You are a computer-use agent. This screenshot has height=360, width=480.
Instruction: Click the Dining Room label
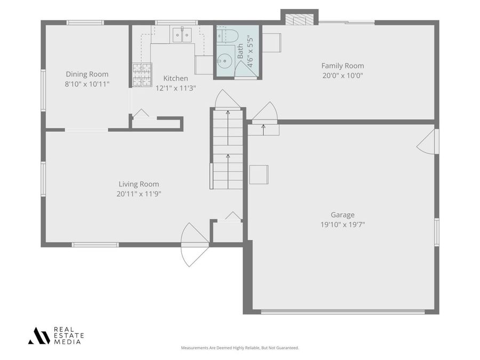87,74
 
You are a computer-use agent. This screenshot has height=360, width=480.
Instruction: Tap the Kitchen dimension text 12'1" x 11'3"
175,88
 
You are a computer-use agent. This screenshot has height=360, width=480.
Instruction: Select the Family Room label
342,66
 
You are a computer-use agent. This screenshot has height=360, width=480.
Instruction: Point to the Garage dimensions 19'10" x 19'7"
342,225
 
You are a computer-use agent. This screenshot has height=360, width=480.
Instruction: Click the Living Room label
139,184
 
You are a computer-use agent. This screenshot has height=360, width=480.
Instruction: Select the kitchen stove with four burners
142,75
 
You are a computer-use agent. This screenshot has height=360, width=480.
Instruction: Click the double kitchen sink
181,35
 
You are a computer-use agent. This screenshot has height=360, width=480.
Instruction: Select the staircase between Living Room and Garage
228,149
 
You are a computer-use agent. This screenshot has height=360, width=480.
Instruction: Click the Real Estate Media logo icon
39,335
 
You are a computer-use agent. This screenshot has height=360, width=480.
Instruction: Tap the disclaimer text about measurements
240,348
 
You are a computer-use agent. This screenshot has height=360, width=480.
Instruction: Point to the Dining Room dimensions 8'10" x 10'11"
87,84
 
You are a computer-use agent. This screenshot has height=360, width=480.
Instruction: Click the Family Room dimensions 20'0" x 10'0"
342,75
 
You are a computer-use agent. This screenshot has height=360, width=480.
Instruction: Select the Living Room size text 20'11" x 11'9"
139,194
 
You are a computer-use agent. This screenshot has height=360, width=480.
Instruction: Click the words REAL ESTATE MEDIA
69,336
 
